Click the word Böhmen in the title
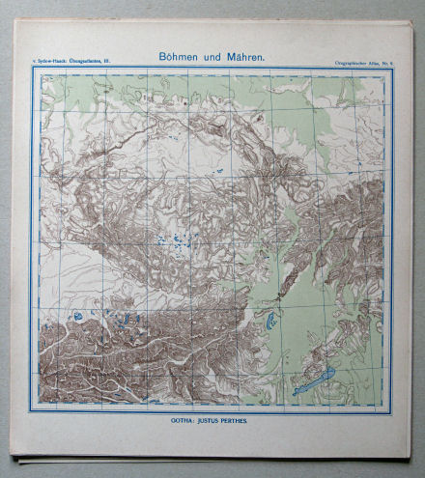pyautogui.click(x=179, y=57)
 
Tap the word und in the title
pyautogui.click(x=212, y=57)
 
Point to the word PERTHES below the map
pyautogui.click(x=247, y=421)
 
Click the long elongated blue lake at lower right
pyautogui.click(x=315, y=380)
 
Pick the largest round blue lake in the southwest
pyautogui.click(x=78, y=317)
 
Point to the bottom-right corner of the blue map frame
pyautogui.click(x=393, y=411)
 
